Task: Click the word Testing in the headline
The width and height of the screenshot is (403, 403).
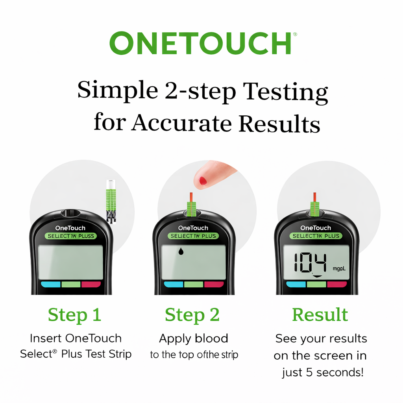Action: coord(285,92)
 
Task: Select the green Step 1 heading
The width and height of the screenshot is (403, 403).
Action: coord(74,315)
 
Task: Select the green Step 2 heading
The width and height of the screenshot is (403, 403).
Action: coord(192,315)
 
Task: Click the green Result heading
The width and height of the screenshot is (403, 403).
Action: coord(320,314)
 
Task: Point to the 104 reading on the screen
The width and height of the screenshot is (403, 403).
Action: coord(310,263)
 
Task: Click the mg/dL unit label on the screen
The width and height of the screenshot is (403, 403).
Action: coord(339,268)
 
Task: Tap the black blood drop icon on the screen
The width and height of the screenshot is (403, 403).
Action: coord(181,251)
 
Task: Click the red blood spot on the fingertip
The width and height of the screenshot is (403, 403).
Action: coord(203,181)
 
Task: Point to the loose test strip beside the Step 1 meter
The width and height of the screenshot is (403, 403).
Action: coord(111,201)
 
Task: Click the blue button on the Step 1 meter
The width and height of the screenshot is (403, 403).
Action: coord(51,285)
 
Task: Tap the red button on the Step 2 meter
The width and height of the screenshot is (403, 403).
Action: coord(214,285)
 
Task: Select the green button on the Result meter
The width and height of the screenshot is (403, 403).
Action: coord(316,284)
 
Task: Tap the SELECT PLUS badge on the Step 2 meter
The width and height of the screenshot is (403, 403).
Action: coord(193,236)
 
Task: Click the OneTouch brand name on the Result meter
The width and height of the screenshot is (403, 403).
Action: coord(316,228)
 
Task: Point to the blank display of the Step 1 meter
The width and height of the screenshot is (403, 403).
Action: coord(71,262)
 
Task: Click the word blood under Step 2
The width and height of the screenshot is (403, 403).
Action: coord(211,338)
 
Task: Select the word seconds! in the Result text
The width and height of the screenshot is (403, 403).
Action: coord(340,372)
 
